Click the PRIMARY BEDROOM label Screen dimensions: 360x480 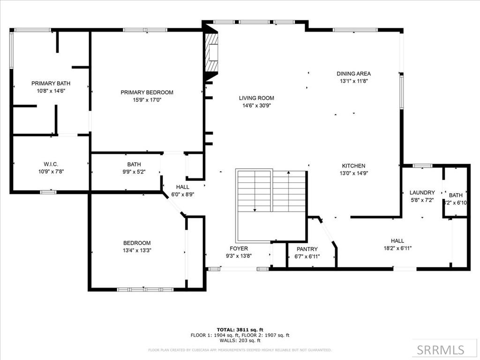click(147, 92)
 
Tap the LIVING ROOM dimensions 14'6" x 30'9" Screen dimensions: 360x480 click(256, 105)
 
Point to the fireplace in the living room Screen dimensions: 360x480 click(212, 52)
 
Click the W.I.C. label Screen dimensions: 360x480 click(51, 164)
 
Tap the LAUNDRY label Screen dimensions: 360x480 click(422, 192)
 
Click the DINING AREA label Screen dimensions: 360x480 click(353, 74)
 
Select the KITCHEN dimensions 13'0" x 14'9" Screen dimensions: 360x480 click(353, 173)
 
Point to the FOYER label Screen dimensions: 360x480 click(239, 248)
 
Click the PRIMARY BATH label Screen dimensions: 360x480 click(47, 83)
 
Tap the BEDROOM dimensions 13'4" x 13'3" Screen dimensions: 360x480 click(137, 250)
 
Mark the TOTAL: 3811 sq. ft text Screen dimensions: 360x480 click(240, 329)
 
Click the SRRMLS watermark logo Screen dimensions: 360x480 click(441, 350)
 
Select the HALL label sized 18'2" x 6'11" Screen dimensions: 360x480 click(397, 240)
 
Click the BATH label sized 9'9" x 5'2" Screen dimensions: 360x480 click(134, 165)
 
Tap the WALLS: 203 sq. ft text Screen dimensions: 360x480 click(240, 341)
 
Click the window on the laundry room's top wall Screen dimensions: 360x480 click(422, 165)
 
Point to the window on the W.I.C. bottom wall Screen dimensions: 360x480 click(48, 192)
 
